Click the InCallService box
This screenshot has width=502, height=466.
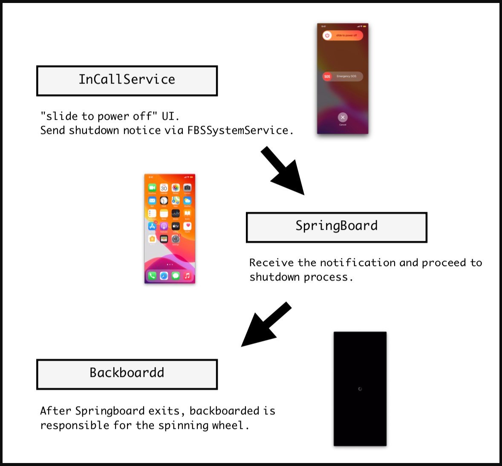pyautogui.click(x=127, y=81)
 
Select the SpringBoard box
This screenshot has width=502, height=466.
pyautogui.click(x=336, y=227)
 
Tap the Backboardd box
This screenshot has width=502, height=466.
pyautogui.click(x=127, y=374)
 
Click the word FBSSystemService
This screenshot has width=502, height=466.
pyautogui.click(x=237, y=130)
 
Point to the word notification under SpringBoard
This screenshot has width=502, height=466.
pyautogui.click(x=358, y=263)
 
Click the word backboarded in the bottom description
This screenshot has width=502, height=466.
pyautogui.click(x=224, y=411)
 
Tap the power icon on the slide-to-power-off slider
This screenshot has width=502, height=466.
pyautogui.click(x=327, y=35)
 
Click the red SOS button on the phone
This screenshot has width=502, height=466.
pyautogui.click(x=327, y=76)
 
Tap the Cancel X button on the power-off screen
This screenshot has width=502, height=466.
pyautogui.click(x=343, y=117)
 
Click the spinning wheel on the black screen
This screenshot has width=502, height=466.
pyautogui.click(x=360, y=389)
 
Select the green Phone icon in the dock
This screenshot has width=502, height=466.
pyautogui.click(x=152, y=276)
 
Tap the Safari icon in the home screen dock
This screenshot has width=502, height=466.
pyautogui.click(x=164, y=276)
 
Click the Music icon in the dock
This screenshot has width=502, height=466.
pyautogui.click(x=187, y=276)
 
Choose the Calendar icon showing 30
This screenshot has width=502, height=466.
pyautogui.click(x=164, y=188)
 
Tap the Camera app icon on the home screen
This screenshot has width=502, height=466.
pyautogui.click(x=187, y=188)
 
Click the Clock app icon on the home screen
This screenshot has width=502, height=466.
pyautogui.click(x=164, y=200)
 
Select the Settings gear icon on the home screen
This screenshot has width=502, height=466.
pyautogui.click(x=176, y=239)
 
